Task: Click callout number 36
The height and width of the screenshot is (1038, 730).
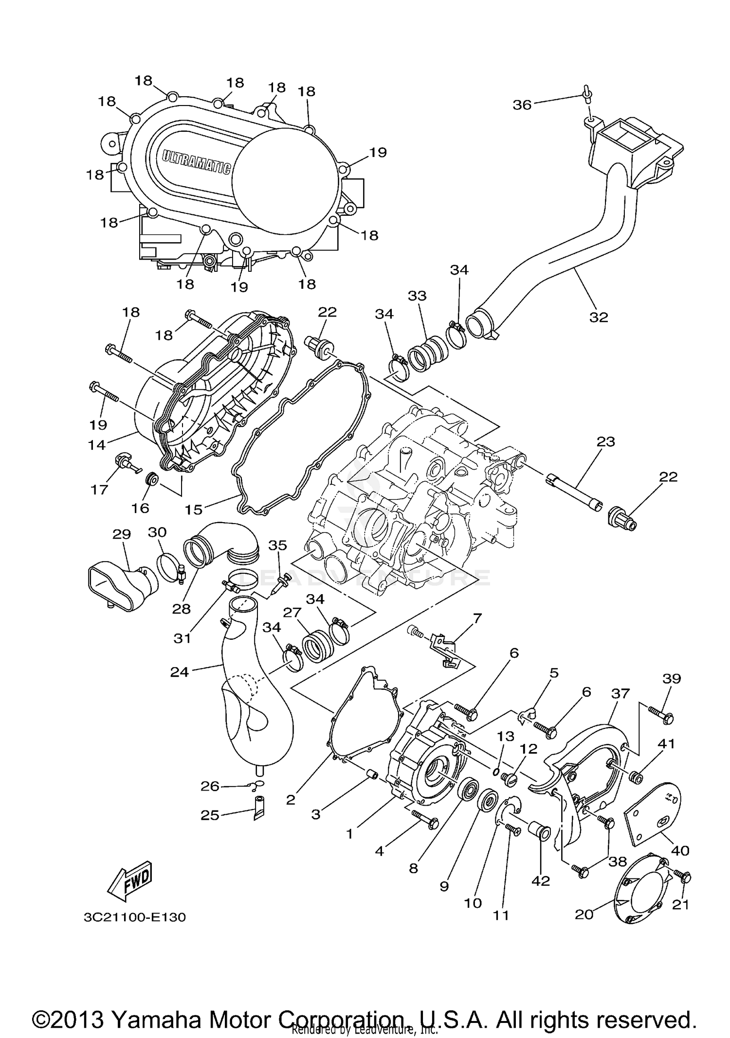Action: click(x=522, y=105)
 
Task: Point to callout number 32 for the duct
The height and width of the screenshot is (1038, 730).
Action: click(x=599, y=317)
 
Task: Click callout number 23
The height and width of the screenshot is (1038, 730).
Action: click(x=605, y=441)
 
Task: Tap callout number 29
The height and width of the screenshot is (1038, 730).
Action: click(x=122, y=534)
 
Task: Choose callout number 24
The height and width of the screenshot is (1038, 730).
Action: click(x=179, y=673)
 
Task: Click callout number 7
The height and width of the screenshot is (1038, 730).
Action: click(x=477, y=618)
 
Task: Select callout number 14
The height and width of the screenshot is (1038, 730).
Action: click(x=97, y=444)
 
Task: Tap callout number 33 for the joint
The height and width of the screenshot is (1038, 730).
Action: click(x=417, y=296)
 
